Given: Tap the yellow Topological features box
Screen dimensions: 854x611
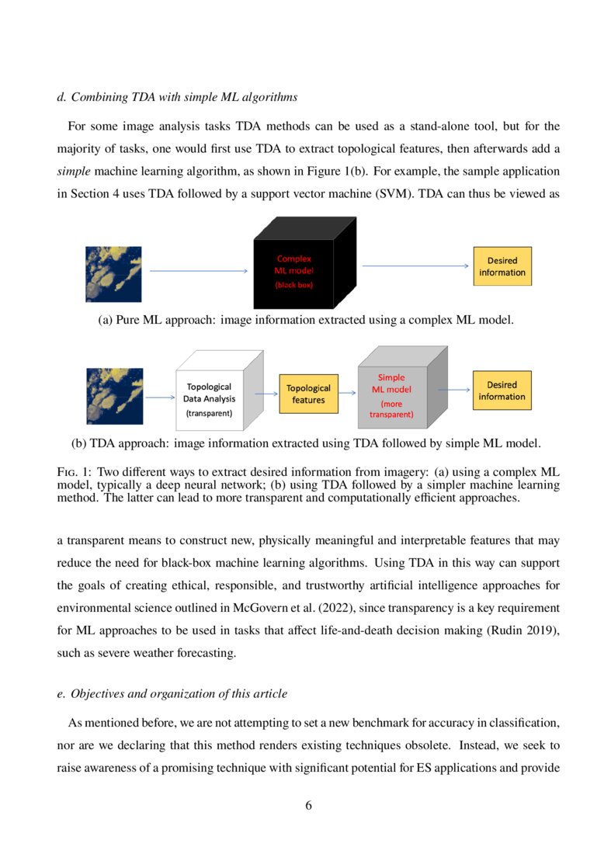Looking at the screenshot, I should coord(308,394).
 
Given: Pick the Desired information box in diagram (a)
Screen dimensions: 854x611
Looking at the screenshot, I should coord(502,266).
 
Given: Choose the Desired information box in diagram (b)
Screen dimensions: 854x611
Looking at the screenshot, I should coord(502,391).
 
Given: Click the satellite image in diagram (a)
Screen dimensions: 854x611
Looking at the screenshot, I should coord(113,273).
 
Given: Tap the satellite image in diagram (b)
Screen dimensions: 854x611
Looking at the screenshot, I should coord(114,396).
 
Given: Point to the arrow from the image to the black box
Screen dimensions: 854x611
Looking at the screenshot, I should coord(198,271).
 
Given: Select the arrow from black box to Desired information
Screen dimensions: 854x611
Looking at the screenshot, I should coord(415,266).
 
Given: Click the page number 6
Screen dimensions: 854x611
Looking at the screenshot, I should coord(308,805).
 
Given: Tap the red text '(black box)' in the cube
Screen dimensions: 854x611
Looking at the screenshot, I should coord(293,285).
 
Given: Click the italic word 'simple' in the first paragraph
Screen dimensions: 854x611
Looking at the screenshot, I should coord(74,170).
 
